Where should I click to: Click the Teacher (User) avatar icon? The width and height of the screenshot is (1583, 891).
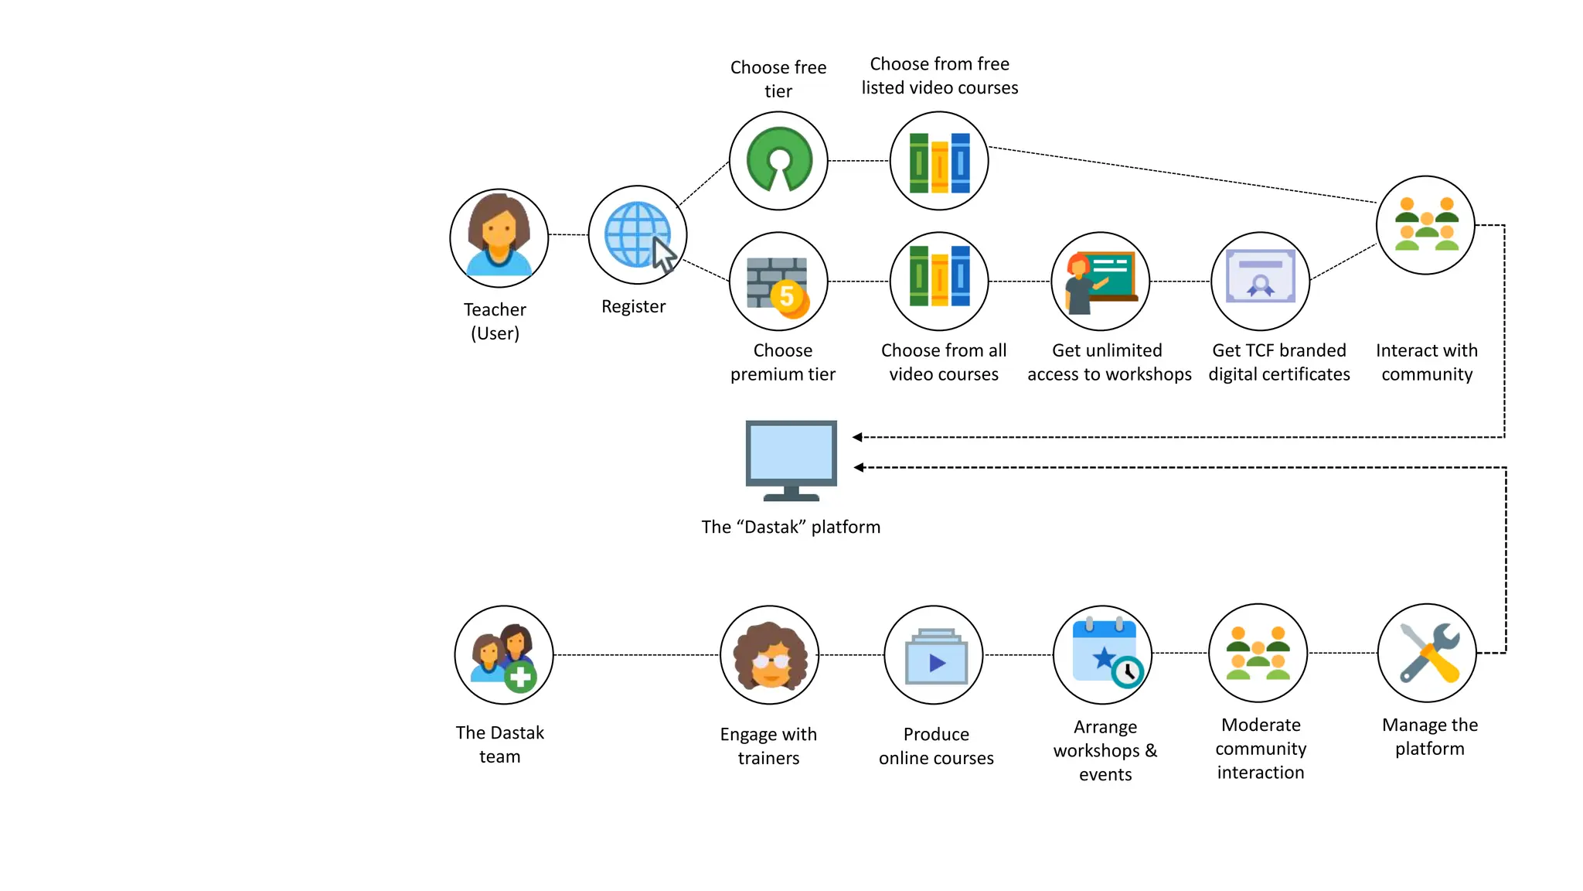pos(499,237)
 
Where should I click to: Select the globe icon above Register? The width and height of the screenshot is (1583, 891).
pos(638,235)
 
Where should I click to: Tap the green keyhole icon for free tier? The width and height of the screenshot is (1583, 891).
pos(778,160)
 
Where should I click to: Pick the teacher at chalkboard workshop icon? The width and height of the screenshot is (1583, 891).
pos(1100,282)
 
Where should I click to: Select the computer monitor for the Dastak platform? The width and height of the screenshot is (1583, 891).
pos(791,459)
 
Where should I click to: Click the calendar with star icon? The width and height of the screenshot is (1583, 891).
pos(1103,654)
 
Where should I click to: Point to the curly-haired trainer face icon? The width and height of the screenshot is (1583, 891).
pos(769,655)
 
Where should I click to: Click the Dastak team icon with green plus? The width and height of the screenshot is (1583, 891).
pos(504,655)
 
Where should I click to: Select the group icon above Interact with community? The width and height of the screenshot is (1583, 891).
pos(1425,225)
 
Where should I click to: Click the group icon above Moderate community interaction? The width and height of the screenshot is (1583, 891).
pos(1258,654)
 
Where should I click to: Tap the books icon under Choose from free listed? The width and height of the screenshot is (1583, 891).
pos(939,161)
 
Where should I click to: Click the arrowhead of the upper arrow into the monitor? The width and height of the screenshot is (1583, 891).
pos(857,437)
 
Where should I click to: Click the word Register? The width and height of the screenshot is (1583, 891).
pos(633,306)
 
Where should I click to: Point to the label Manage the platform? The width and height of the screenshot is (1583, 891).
pos(1429,736)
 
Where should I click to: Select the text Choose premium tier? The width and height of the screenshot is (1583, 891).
pos(782,362)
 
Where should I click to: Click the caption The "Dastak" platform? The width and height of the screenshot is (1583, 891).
pos(791,527)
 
